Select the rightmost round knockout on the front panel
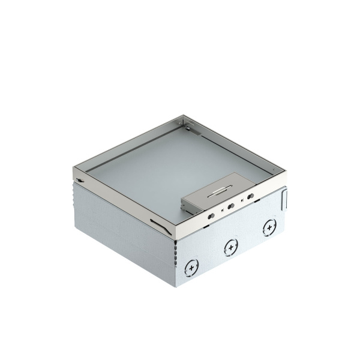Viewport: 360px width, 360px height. click(x=268, y=228)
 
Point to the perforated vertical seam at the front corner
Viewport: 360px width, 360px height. click(x=175, y=264)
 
